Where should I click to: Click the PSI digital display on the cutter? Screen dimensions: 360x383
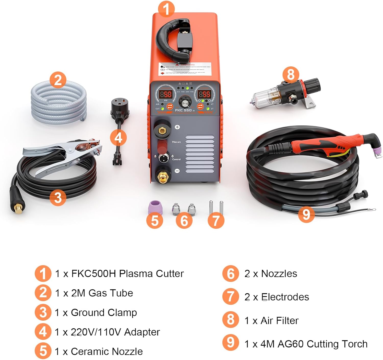click(x=165, y=94)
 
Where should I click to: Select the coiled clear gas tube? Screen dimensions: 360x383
click(x=58, y=102)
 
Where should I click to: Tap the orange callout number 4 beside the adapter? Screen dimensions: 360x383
click(x=118, y=138)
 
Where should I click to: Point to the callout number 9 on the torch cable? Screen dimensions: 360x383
click(x=306, y=214)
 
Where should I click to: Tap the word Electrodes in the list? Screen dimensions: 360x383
click(x=285, y=297)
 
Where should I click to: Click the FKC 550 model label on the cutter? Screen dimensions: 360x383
click(x=183, y=110)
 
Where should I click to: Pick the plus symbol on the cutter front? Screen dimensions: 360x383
click(x=177, y=127)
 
